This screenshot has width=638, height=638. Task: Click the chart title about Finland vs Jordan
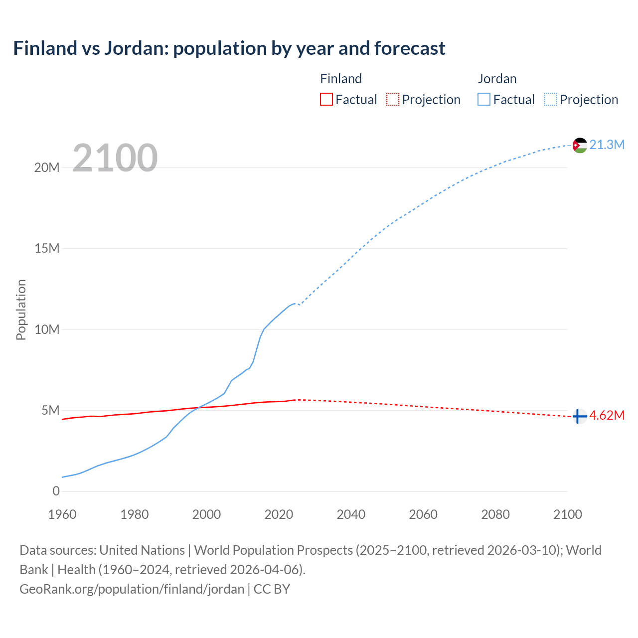point(229,48)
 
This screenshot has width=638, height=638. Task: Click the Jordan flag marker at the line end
point(580,145)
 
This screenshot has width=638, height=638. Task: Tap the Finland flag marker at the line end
point(579,416)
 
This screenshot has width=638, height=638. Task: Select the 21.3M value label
point(607,145)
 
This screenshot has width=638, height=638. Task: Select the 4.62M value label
point(607,416)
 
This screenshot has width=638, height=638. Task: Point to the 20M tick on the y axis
point(47,167)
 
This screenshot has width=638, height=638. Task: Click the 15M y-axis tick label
point(47,248)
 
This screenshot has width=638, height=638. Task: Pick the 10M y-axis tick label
point(47,329)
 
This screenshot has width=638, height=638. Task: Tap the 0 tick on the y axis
point(56,491)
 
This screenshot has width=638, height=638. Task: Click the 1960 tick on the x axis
point(62,514)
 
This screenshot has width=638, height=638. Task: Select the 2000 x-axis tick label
point(206,514)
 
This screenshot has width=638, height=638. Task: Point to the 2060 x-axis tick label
point(423,514)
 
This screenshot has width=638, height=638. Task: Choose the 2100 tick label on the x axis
point(567,514)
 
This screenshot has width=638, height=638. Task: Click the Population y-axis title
point(21,310)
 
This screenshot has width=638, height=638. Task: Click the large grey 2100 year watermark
point(115,158)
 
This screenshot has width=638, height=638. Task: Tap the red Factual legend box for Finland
point(326,99)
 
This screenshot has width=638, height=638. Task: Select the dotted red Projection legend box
point(393,99)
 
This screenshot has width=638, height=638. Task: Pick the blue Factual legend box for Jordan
point(484,99)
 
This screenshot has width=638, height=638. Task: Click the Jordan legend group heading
point(497,79)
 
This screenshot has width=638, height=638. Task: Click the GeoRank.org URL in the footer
point(132,589)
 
